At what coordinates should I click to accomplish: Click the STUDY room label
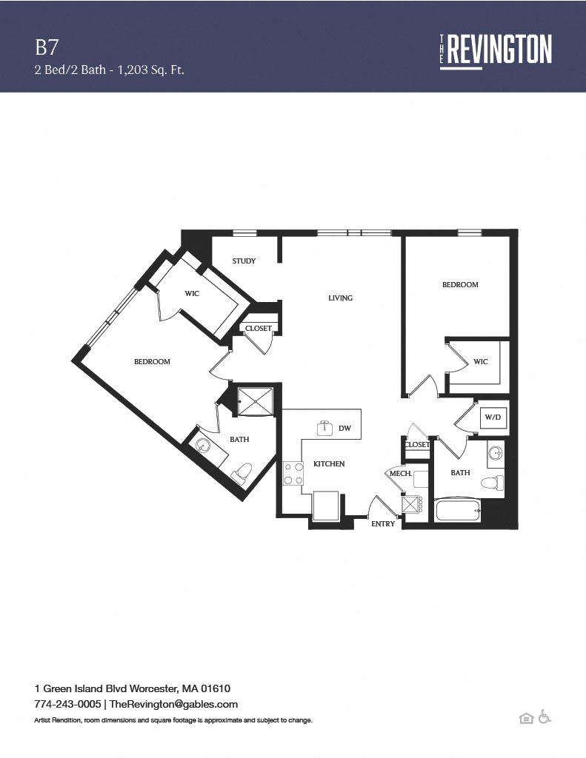click(x=244, y=261)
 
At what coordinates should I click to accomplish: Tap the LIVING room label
click(x=341, y=298)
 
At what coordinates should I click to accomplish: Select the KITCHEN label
click(x=329, y=464)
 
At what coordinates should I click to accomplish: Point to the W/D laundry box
click(x=493, y=417)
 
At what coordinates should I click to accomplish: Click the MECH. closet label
click(x=401, y=474)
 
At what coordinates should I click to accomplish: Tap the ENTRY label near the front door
click(x=383, y=523)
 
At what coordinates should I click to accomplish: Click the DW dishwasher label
click(x=345, y=429)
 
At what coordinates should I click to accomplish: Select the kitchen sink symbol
click(x=326, y=428)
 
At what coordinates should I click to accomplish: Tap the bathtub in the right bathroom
click(x=458, y=511)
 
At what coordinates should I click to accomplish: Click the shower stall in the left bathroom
click(x=256, y=400)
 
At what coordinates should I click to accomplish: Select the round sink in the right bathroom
click(x=496, y=454)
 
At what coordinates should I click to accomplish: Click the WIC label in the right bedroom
click(x=481, y=361)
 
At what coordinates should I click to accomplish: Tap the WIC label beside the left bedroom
click(x=192, y=293)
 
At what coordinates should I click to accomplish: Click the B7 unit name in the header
click(x=47, y=47)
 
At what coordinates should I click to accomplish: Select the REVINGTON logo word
click(x=499, y=49)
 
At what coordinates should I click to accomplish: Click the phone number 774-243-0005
click(x=67, y=704)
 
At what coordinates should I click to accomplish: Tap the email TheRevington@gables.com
click(x=173, y=705)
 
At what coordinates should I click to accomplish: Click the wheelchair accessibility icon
click(x=545, y=717)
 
